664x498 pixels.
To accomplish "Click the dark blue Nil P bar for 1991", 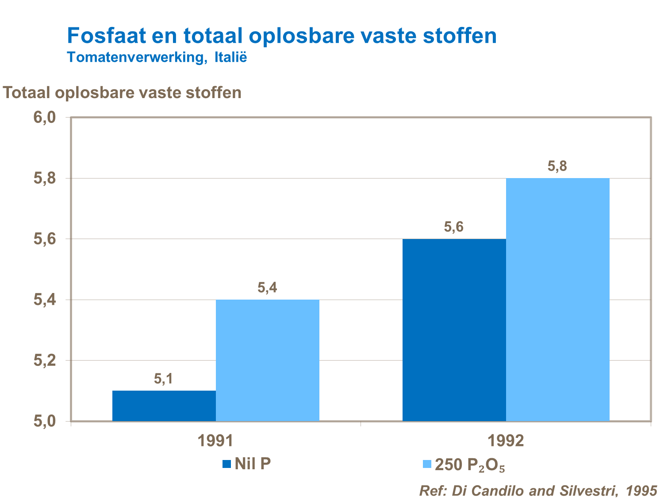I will (164, 406).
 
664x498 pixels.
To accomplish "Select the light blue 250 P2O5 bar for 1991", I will (268, 360).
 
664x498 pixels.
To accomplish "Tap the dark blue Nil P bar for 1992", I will (454, 330).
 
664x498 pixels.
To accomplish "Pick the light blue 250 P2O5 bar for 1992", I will (558, 299).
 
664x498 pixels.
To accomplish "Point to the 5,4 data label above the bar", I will (267, 288).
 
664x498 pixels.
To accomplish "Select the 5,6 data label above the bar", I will (454, 227).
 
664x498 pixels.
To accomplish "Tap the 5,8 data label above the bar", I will (557, 167).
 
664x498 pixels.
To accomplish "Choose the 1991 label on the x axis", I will (215, 441).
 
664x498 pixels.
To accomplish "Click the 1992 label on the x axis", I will (506, 441).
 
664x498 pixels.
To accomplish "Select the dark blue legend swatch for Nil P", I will (227, 464).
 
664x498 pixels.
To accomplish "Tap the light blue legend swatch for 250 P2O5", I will (427, 464).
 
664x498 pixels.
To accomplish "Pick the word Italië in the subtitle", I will (230, 57).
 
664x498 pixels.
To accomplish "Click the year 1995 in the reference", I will (641, 490).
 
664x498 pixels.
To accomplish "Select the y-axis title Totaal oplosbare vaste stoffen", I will (123, 93).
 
